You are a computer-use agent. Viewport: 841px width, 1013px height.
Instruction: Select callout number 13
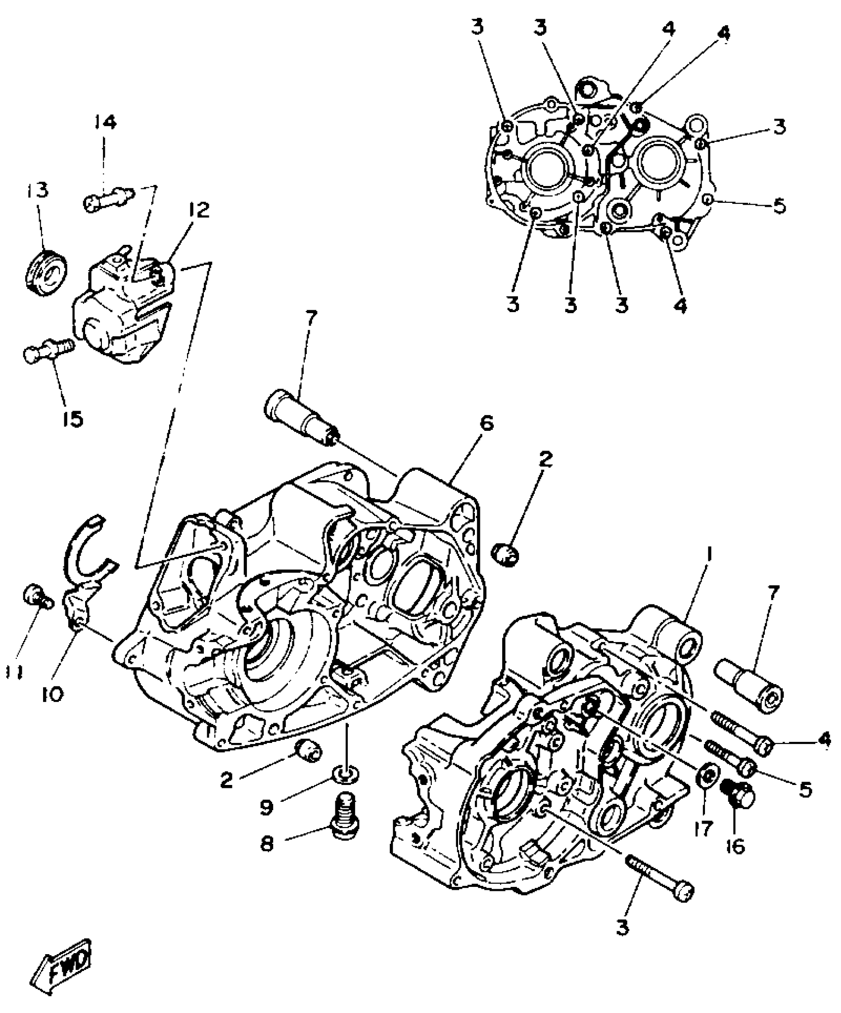[x=38, y=190]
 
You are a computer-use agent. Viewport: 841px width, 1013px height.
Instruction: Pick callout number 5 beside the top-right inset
[x=779, y=207]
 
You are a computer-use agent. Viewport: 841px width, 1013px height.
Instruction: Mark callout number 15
[x=73, y=419]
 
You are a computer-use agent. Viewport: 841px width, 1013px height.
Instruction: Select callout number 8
[x=267, y=844]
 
